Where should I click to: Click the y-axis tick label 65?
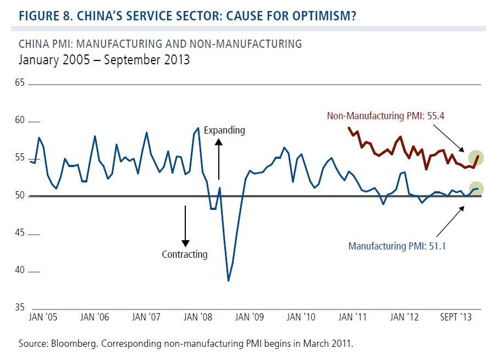point(21,84)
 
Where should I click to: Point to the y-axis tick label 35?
point(21,307)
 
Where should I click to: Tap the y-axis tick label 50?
point(21,196)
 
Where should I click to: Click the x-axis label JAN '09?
point(250,317)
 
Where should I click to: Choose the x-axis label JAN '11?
point(353,317)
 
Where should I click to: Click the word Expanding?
point(224,131)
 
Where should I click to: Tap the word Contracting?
point(185,254)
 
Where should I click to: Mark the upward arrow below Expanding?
point(219,159)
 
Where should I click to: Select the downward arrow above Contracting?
point(185,226)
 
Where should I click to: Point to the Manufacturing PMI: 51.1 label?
point(397,246)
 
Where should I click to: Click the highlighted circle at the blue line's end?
point(476,189)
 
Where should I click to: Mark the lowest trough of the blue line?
point(228,280)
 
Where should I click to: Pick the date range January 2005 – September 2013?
point(104,60)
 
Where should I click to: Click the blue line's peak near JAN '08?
point(198,128)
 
